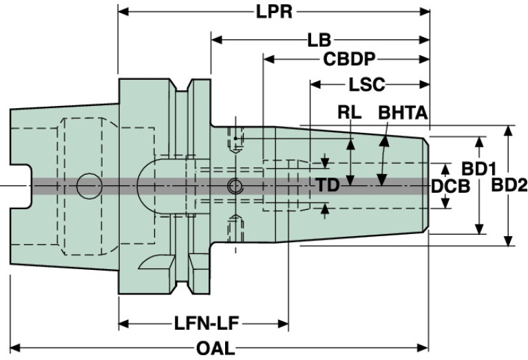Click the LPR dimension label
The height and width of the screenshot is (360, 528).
coord(275,12)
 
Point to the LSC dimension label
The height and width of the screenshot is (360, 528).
coord(368,85)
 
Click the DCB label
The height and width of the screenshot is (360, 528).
coord(451,186)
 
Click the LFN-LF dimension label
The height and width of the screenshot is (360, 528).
coord(203,323)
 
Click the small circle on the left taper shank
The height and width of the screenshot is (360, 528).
coord(88,184)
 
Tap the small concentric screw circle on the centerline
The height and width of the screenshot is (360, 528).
coord(235,185)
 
